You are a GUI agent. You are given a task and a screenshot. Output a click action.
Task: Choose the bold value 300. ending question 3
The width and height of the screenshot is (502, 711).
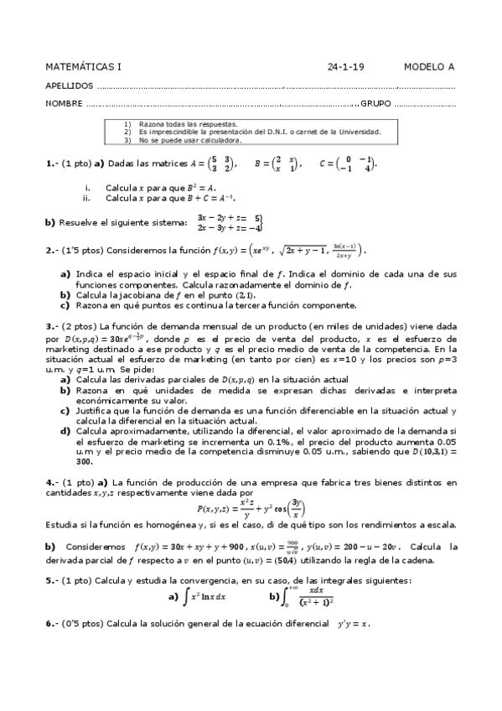pos(84,460)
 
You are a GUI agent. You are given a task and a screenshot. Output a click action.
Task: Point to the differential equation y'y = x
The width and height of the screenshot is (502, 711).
pos(352,624)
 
